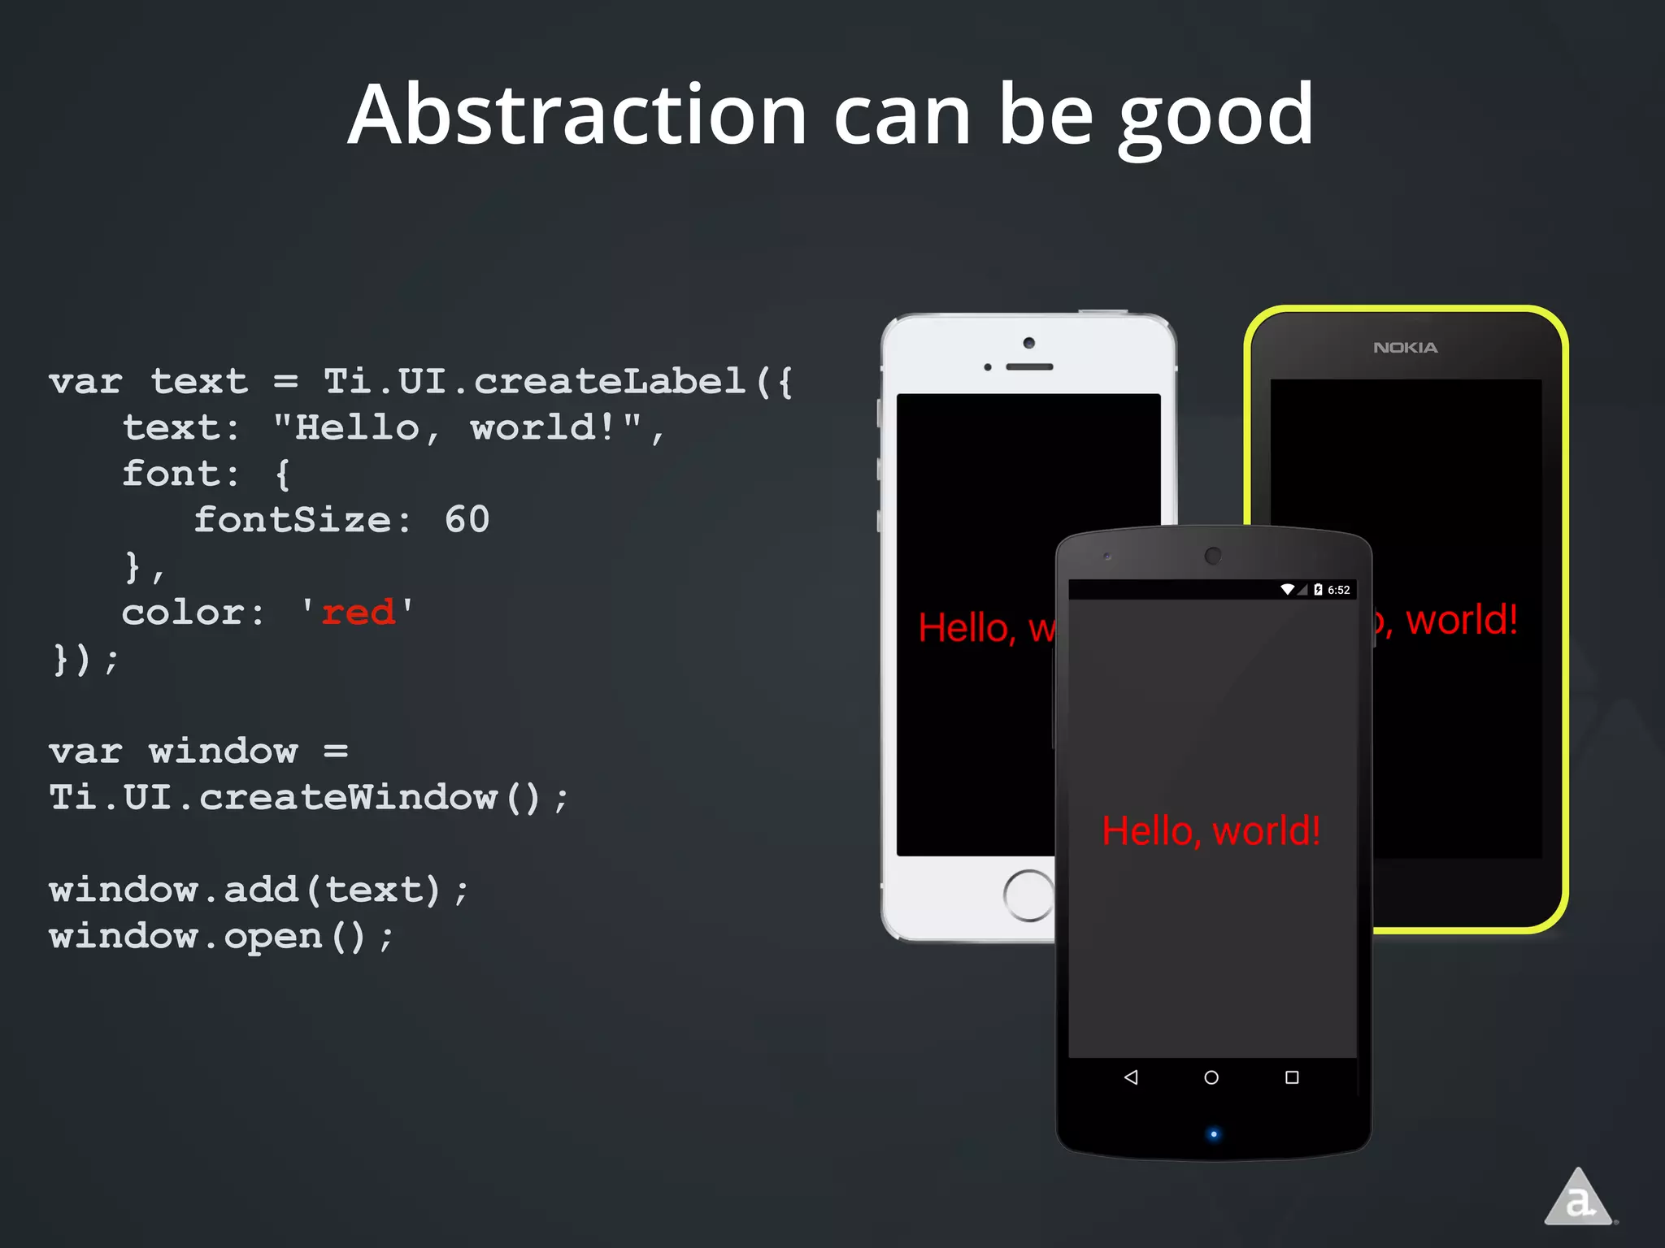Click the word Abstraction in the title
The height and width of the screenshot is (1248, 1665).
577,115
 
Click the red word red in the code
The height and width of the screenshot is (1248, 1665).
358,613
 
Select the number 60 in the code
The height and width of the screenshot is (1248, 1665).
467,520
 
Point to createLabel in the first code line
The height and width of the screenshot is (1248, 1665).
610,381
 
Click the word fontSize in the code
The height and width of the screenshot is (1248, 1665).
293,520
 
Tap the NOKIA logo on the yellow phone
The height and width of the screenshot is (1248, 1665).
1405,348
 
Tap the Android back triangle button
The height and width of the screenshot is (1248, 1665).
1131,1077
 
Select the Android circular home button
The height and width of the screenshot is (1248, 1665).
1211,1077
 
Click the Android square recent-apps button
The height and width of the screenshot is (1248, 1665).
1292,1077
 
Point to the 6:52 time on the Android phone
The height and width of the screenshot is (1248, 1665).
1338,590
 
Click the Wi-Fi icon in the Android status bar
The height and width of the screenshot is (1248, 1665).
1288,589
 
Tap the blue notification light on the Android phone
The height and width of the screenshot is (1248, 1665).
1214,1134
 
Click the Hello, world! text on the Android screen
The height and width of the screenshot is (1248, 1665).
1211,831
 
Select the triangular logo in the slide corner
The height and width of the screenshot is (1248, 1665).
1578,1198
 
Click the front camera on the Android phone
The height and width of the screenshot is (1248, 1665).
1213,556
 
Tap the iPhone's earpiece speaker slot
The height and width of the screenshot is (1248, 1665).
1029,367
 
